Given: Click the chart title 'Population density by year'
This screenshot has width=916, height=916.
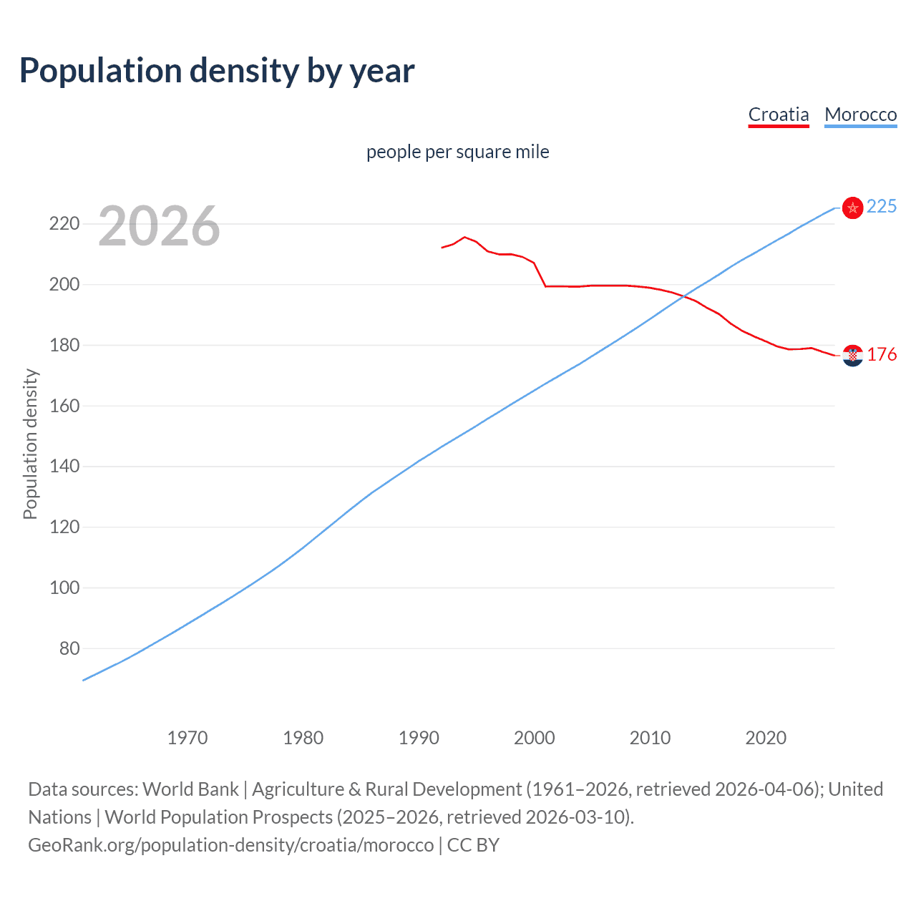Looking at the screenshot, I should (x=217, y=71).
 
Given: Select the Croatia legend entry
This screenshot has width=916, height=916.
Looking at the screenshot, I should (x=778, y=114).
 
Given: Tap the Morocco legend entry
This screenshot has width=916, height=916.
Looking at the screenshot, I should (x=860, y=114).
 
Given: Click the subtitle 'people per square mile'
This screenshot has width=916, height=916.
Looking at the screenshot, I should (x=457, y=152).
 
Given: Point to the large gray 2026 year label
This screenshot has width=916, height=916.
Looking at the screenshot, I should (x=159, y=226).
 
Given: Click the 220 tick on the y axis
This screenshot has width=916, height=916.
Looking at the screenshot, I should (x=64, y=224).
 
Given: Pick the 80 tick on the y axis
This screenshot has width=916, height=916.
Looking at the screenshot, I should (x=69, y=648).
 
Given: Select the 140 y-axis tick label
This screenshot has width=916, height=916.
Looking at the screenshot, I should (x=64, y=467).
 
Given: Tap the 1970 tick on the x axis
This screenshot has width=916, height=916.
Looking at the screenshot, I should (x=187, y=738).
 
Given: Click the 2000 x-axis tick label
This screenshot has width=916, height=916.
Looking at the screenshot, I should (x=534, y=738).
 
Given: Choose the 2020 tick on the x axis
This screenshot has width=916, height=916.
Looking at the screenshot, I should (x=766, y=738).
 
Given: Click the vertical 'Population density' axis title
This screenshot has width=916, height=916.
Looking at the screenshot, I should (x=30, y=444).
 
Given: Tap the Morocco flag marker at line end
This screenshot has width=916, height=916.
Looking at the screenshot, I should (x=852, y=208).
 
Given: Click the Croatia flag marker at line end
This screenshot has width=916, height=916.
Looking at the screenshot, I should (x=852, y=355).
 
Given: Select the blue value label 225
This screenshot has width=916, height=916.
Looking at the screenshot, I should (x=881, y=207).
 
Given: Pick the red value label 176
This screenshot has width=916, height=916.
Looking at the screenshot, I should (x=882, y=355).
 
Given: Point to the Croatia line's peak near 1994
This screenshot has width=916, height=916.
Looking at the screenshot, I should (x=465, y=237).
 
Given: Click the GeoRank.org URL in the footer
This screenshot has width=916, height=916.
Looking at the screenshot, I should (x=230, y=845).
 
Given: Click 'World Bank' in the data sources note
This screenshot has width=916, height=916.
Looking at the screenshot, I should (x=190, y=789).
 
